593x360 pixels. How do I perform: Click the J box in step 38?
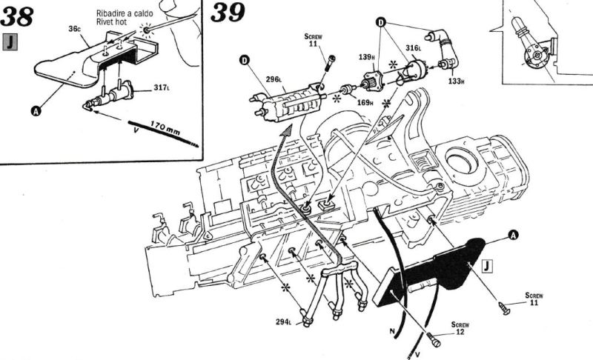(x=11, y=42)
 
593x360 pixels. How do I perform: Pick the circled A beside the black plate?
(x=513, y=235)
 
